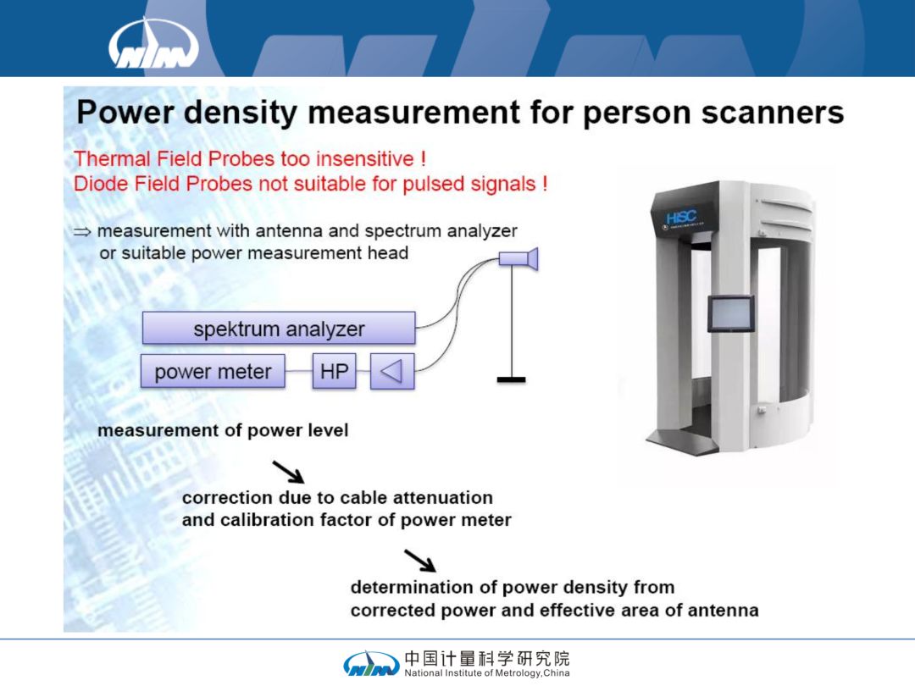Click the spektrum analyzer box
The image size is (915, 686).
point(279,328)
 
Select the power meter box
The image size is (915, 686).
point(213,371)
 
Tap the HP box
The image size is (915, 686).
point(335,371)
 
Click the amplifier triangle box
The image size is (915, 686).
point(393,371)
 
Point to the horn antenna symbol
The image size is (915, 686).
point(518,258)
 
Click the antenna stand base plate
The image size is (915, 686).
point(511,379)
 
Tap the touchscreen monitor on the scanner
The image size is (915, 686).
point(730,314)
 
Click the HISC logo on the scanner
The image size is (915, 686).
point(681,219)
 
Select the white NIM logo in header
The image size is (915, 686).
point(153,43)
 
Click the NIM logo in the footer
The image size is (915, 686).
point(371,664)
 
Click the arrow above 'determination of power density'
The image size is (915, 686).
point(420,561)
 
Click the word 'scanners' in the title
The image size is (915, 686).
point(773,112)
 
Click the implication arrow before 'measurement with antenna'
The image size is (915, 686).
point(82,232)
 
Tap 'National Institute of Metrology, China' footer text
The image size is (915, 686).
point(487,672)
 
